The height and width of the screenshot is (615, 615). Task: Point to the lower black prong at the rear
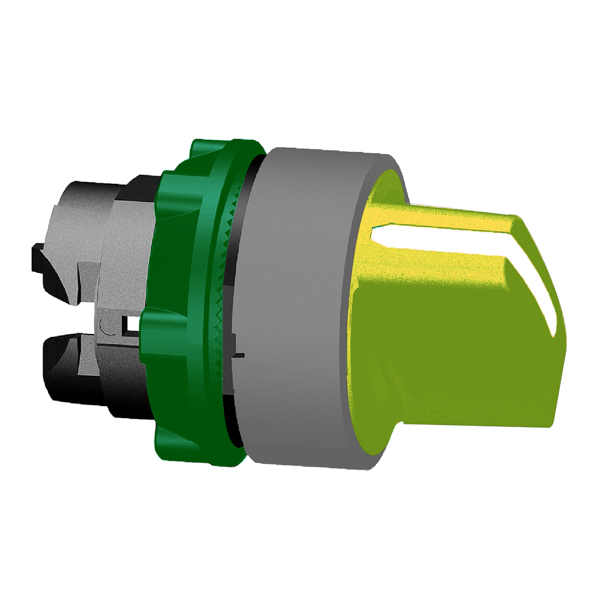click(66, 366)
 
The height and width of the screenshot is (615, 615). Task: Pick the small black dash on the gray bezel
click(240, 356)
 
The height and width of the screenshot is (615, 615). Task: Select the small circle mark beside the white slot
click(106, 327)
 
